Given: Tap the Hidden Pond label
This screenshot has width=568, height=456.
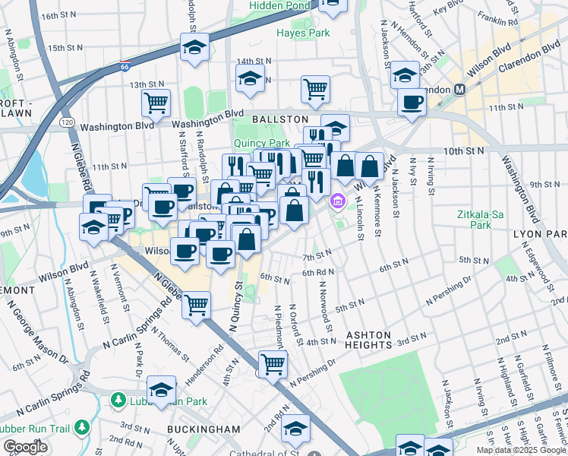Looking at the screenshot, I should click(280, 5).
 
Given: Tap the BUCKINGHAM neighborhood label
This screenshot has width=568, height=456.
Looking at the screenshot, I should click(204, 429).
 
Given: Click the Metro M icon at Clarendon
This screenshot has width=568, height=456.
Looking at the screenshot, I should click(459, 90).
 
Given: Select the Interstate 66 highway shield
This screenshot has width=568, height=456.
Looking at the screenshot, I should click(125, 66).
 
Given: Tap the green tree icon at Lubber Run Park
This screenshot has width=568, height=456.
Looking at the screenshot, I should click(118, 399).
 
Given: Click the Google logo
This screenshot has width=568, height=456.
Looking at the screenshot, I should click(25, 447).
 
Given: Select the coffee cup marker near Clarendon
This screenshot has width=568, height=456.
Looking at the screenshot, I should click(412, 102).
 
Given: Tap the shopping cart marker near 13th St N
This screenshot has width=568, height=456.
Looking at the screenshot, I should click(156, 103).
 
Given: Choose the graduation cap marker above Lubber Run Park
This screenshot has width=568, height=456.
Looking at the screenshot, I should click(161, 390).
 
